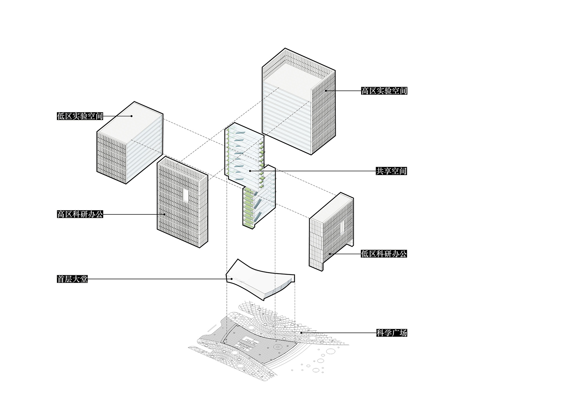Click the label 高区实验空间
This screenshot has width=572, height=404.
tap(384, 91)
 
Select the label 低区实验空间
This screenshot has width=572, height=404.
tap(80, 116)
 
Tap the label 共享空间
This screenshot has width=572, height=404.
tap(391, 171)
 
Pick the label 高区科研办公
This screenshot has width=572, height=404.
tap(80, 214)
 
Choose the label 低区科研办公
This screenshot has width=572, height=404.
tap(384, 254)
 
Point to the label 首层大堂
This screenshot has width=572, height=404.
tap(72, 279)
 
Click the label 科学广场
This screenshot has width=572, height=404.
tap(391, 333)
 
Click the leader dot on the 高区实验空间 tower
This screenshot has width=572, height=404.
tap(326, 91)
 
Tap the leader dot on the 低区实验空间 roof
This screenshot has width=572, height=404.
tap(132, 116)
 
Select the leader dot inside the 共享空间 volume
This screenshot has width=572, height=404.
tap(251, 171)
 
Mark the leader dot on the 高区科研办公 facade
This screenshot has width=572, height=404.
tap(164, 214)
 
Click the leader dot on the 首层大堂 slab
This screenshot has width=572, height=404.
tap(232, 279)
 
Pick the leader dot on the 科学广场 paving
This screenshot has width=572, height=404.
tap(301, 333)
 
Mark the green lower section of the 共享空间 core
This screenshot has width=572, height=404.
tap(248, 208)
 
